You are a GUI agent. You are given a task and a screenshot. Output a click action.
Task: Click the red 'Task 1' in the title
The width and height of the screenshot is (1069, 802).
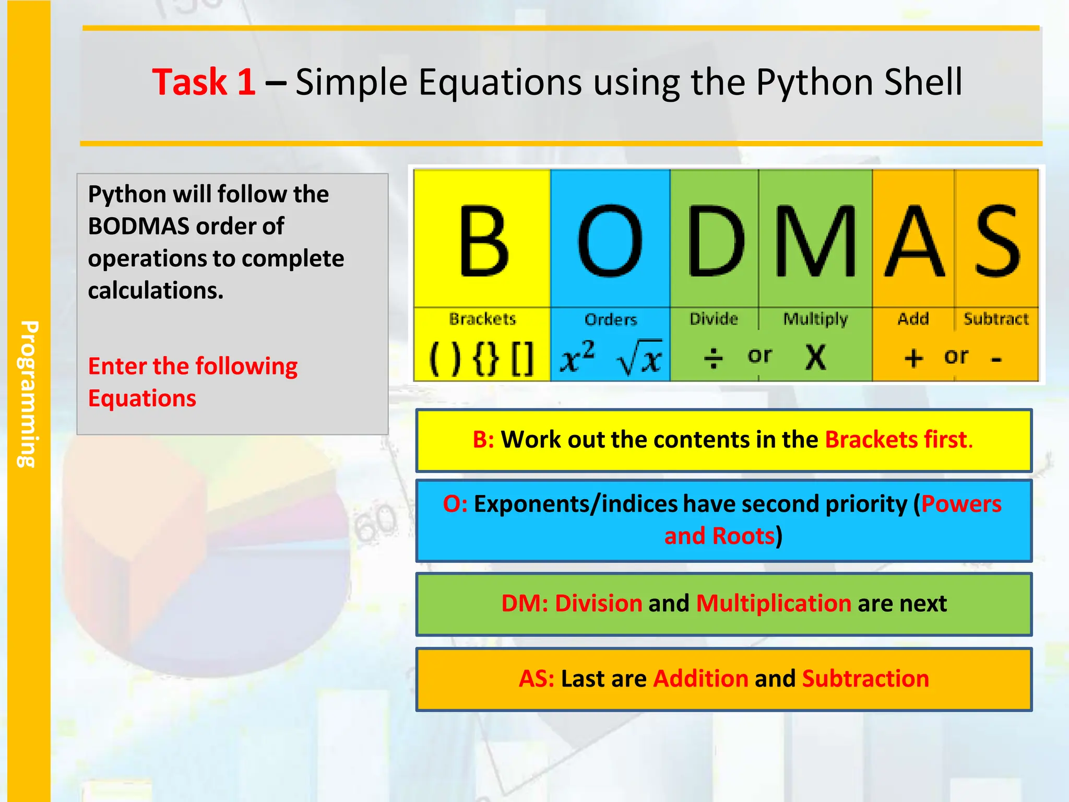204,82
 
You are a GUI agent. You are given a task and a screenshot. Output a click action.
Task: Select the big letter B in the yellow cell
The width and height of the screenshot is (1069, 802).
483,241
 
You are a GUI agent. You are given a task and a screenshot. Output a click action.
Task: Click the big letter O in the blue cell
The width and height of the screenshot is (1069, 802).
610,241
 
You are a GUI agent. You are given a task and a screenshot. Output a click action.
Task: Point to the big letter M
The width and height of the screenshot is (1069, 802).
815,241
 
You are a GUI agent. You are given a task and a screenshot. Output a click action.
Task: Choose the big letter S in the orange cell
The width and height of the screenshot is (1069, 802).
997,241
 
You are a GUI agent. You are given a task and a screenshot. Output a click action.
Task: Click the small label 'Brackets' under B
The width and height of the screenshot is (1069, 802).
482,319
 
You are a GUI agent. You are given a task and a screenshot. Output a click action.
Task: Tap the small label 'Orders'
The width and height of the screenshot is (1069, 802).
611,319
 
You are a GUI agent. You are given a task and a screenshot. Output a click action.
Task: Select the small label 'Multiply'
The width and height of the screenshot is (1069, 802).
815,319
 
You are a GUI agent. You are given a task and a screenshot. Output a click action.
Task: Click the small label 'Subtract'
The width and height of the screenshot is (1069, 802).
996,319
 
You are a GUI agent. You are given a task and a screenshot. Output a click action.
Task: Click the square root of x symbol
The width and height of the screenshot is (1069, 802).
640,358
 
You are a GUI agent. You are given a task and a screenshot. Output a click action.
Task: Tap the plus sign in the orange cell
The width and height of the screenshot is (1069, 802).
913,358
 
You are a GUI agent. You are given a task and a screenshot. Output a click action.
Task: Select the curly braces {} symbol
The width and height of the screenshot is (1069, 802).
486,359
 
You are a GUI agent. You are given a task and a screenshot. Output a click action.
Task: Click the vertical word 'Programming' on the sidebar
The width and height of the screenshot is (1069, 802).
29,394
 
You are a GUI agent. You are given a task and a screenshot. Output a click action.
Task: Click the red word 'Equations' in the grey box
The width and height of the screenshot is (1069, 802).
142,398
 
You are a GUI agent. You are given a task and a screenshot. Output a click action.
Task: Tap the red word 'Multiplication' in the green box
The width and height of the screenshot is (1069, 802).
774,604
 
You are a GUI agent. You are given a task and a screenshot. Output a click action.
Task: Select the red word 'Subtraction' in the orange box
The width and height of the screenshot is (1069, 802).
865,679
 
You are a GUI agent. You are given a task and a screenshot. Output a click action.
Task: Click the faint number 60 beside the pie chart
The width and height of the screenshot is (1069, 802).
375,523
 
